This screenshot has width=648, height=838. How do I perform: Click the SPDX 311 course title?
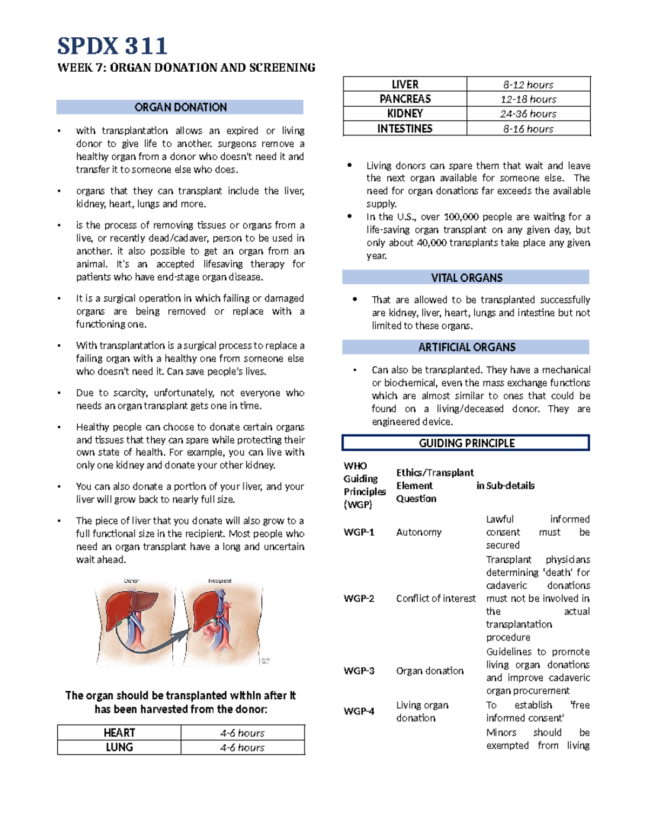pos(112,46)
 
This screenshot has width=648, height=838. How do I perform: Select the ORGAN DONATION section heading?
pos(180,107)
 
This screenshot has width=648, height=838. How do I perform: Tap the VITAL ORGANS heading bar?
pos(466,277)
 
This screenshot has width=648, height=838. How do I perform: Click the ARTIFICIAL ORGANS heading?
pos(466,347)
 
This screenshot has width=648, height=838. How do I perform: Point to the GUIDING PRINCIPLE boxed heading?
pos(466,443)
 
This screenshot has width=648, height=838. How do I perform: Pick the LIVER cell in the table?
pos(405,84)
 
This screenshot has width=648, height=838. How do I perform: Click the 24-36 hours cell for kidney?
pos(528,114)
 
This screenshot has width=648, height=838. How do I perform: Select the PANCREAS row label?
pos(405,99)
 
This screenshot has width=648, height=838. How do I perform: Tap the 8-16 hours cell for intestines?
pos(528,129)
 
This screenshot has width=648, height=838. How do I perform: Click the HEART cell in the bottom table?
pos(119,733)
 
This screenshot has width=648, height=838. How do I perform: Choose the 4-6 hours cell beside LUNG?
pos(242,747)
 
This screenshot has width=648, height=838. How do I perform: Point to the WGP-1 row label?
pos(359,532)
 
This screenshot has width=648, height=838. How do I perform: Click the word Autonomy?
pos(418,532)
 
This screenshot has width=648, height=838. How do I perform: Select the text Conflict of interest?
pos(435,598)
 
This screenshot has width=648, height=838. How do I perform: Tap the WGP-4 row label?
pos(359,711)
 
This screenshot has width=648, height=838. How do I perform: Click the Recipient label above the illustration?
pos(220,581)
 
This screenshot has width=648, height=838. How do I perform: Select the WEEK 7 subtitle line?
pos(186,67)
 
